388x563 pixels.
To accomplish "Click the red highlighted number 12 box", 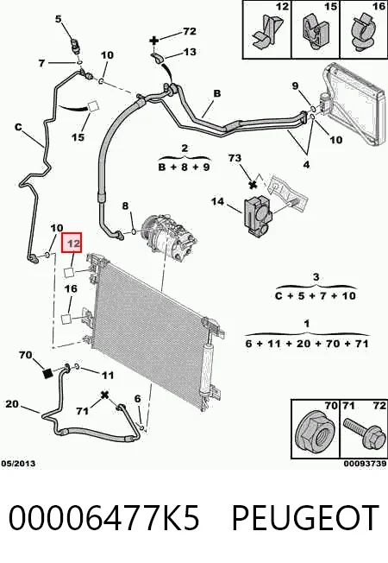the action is [72, 243].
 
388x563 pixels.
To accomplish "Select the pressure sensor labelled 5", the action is [76, 46].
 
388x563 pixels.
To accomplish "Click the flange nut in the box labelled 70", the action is [315, 433].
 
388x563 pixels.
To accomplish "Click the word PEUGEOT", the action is [305, 518].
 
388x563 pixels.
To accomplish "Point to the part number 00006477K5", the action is [103, 518].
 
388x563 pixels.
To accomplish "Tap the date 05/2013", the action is [18, 463].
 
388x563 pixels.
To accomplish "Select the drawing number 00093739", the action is [366, 464].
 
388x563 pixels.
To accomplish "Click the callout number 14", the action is [217, 201].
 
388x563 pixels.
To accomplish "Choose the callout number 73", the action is [235, 158].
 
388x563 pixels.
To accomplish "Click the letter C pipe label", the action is [18, 127].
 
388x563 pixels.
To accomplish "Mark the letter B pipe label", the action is [217, 93].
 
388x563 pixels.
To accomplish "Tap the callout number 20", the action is [12, 403].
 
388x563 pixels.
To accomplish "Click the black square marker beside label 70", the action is [47, 373].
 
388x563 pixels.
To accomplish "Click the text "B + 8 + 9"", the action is [184, 167].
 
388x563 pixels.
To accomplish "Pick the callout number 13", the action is [190, 52].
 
